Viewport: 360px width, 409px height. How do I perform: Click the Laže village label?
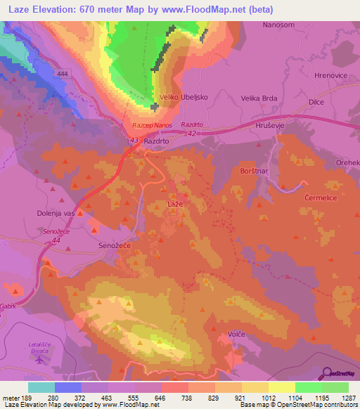click(x=175, y=203)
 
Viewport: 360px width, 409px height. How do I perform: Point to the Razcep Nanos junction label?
click(x=152, y=125)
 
